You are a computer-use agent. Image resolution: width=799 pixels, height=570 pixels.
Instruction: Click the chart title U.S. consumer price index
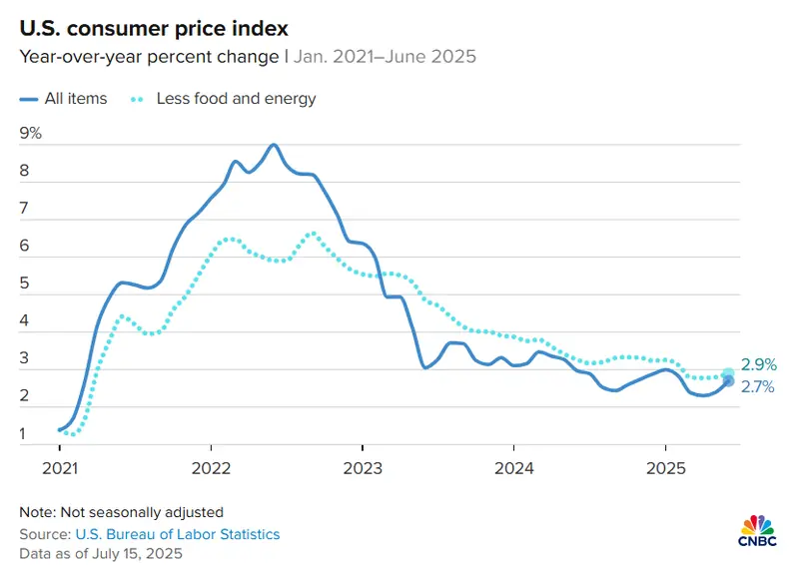[154, 28]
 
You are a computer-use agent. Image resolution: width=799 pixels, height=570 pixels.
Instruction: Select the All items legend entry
[63, 98]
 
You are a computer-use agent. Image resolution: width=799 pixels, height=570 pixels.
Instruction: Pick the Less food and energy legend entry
[223, 98]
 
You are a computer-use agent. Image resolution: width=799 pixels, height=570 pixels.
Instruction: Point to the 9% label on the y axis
[31, 133]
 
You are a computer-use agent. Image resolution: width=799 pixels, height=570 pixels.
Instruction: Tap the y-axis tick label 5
[24, 284]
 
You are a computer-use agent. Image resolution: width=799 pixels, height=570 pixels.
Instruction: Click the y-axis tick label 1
[23, 433]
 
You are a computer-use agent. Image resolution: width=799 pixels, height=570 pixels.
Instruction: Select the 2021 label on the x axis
[60, 468]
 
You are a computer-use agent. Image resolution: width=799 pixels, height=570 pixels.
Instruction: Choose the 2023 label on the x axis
[363, 468]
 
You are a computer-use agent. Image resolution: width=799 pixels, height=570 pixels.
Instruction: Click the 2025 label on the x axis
[665, 468]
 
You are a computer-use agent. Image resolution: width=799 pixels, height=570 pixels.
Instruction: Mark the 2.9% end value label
[759, 364]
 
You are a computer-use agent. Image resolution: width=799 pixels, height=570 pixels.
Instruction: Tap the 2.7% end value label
[758, 387]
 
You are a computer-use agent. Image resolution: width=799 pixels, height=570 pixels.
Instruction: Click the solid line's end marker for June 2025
[729, 381]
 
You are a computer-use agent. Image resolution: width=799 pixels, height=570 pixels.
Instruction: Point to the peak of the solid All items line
[274, 145]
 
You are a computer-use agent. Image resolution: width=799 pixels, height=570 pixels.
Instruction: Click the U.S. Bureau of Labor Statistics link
[178, 534]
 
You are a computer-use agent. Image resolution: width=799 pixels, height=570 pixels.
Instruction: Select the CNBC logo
[758, 531]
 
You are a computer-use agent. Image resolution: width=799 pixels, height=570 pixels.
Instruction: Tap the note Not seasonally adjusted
[121, 512]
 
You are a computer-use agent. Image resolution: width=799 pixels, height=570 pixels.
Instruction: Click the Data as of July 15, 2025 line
[101, 553]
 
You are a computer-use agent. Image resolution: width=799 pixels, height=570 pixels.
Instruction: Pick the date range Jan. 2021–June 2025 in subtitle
[385, 56]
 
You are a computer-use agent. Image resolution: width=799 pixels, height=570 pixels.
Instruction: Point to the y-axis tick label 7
[24, 209]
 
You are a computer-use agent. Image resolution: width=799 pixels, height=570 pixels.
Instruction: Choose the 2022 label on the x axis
[211, 468]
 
